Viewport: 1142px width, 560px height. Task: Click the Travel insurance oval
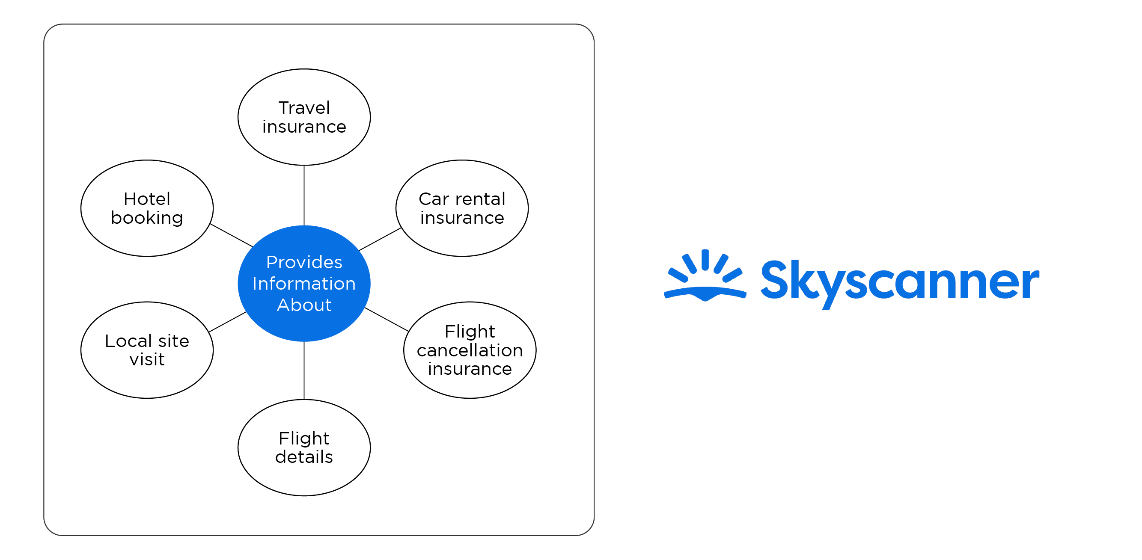[304, 117]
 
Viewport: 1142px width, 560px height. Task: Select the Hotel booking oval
[147, 208]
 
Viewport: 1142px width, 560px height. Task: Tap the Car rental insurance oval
[462, 208]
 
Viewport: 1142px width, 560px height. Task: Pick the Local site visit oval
[147, 350]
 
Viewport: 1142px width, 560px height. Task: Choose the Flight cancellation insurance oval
[470, 350]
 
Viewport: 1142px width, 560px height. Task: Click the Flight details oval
[304, 447]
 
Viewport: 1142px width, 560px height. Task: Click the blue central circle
[304, 284]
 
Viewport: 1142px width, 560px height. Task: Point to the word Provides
[304, 262]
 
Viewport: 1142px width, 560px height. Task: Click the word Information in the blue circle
[304, 284]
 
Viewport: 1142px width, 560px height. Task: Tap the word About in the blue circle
[304, 305]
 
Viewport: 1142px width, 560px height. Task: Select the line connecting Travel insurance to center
[304, 196]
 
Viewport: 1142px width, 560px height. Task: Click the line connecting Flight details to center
[304, 370]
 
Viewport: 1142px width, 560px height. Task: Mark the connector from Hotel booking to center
[231, 235]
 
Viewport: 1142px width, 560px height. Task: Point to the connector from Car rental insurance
[380, 239]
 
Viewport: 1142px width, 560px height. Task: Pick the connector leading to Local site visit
[227, 322]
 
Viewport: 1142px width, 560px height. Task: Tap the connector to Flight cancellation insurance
[387, 320]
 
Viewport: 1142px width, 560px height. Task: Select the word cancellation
[470, 350]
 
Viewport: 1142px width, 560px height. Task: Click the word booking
[147, 219]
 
